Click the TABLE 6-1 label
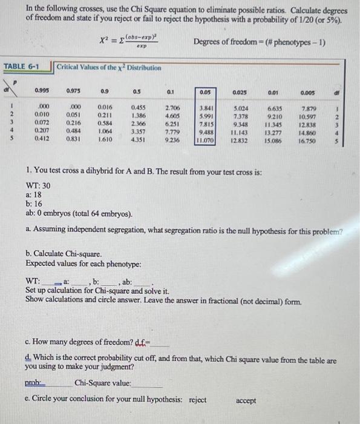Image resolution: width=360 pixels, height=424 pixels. tap(22, 66)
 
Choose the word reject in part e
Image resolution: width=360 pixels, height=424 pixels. tap(198, 400)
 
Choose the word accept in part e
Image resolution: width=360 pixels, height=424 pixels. tap(246, 400)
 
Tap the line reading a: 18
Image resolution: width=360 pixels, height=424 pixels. tap(34, 195)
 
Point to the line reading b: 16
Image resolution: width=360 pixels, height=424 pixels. tap(34, 205)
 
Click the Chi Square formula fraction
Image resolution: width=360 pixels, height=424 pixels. tap(142, 41)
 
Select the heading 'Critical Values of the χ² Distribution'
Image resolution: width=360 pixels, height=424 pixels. tap(109, 67)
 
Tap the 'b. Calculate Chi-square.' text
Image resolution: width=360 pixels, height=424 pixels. tap(64, 254)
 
